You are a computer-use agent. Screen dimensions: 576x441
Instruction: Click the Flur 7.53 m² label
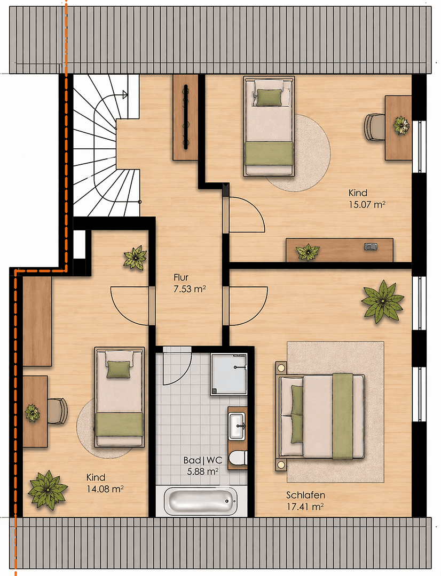tap(190, 283)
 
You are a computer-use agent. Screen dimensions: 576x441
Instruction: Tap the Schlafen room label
tap(305, 494)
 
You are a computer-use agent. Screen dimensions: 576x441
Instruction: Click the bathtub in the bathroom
tap(200, 502)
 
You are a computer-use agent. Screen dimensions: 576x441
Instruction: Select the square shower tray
tap(228, 373)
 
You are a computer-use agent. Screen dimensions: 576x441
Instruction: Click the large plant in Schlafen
tap(382, 302)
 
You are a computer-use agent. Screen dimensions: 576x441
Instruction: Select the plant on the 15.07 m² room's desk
tap(400, 125)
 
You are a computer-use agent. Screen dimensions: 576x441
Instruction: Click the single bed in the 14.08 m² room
tap(120, 397)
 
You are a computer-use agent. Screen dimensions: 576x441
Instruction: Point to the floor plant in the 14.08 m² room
tap(48, 489)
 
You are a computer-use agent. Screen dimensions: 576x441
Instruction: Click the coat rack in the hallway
tap(185, 117)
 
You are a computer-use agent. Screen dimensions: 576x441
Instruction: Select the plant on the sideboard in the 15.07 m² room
tap(308, 252)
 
